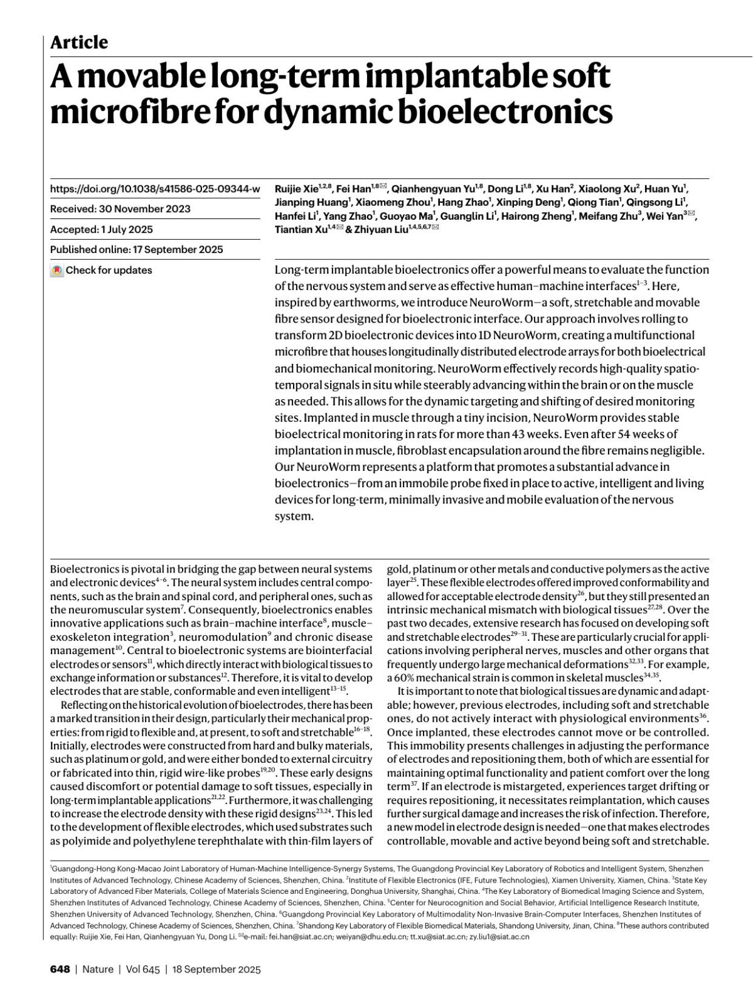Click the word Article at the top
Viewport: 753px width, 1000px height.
click(x=79, y=43)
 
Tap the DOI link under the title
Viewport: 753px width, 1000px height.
click(x=154, y=189)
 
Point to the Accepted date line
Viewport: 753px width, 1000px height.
click(x=101, y=230)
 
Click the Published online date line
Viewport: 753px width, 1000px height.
click(x=136, y=250)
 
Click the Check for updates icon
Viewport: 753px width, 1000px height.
click(x=57, y=271)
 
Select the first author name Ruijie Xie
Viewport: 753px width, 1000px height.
click(x=296, y=188)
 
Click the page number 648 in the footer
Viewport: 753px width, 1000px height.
click(x=60, y=969)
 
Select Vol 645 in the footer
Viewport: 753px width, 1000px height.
click(x=143, y=969)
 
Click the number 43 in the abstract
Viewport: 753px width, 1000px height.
click(x=543, y=434)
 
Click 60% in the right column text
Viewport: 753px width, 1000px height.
click(x=403, y=678)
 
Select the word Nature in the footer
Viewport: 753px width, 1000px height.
click(x=98, y=969)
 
